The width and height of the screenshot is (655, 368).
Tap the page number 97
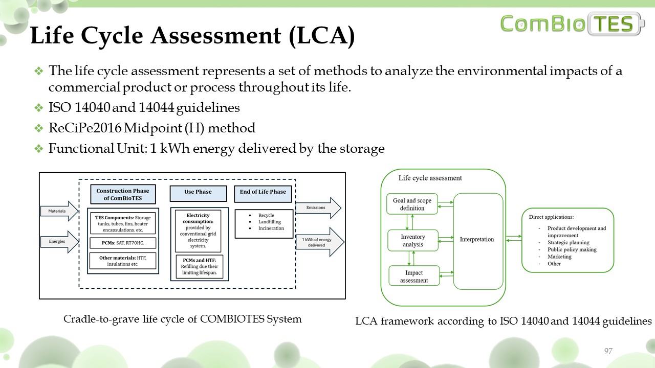(608, 351)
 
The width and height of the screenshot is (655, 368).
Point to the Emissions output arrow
(318, 208)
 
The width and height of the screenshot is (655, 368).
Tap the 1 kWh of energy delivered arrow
(318, 242)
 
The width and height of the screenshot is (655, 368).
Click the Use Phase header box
(198, 193)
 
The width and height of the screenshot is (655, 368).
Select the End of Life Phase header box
(263, 193)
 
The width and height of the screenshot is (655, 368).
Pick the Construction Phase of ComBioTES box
(123, 195)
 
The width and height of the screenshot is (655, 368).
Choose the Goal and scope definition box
(412, 204)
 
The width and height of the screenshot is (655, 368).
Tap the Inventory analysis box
(413, 241)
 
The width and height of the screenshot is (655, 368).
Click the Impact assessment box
(413, 277)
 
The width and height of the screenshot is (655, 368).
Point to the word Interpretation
(477, 239)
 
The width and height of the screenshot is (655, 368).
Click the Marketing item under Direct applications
(559, 257)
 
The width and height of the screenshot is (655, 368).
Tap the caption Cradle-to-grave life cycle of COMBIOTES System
(182, 319)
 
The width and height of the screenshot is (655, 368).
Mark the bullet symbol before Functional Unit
(38, 149)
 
